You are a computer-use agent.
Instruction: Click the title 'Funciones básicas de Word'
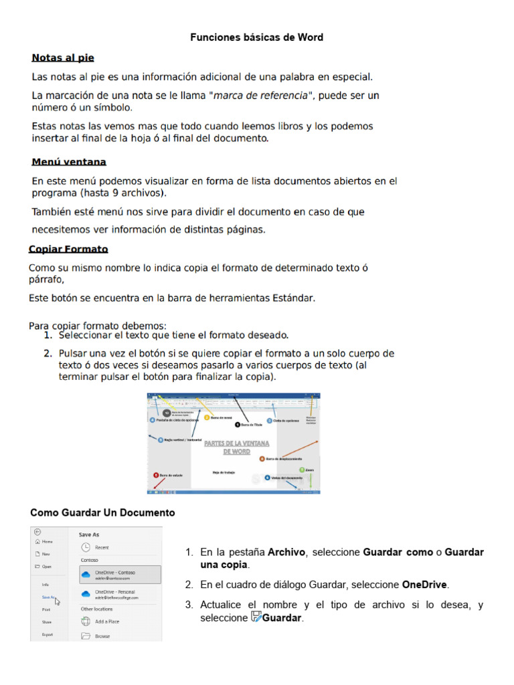(256, 37)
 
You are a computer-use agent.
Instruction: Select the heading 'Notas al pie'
(63, 58)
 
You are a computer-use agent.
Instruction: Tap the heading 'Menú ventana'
(69, 162)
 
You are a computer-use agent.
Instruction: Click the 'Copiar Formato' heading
(68, 250)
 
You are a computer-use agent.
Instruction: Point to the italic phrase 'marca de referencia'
(262, 96)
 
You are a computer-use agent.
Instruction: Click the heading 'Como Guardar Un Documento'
(102, 512)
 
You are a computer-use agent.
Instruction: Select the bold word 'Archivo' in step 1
(286, 553)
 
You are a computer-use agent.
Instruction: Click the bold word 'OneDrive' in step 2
(425, 585)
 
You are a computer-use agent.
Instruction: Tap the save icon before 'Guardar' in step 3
(255, 617)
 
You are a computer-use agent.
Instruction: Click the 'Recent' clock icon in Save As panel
(86, 547)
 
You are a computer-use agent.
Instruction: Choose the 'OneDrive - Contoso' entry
(117, 575)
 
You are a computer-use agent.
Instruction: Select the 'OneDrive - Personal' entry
(117, 595)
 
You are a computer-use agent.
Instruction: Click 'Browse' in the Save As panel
(102, 636)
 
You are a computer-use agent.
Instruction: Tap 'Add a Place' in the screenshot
(107, 621)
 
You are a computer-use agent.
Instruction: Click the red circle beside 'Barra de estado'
(155, 475)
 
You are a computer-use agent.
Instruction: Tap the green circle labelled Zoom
(300, 470)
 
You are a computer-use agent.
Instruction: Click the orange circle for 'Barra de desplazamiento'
(262, 459)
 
